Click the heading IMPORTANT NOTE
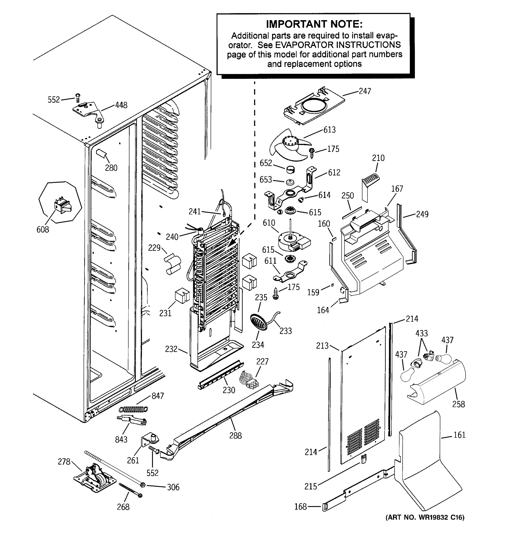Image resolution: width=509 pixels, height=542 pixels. [314, 24]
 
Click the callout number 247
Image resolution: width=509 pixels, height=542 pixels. [365, 91]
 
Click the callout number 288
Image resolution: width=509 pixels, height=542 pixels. [235, 435]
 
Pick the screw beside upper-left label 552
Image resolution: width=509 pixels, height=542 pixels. [78, 97]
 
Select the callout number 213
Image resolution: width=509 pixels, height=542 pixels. [322, 346]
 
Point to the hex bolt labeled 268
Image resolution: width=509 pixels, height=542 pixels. [131, 490]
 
